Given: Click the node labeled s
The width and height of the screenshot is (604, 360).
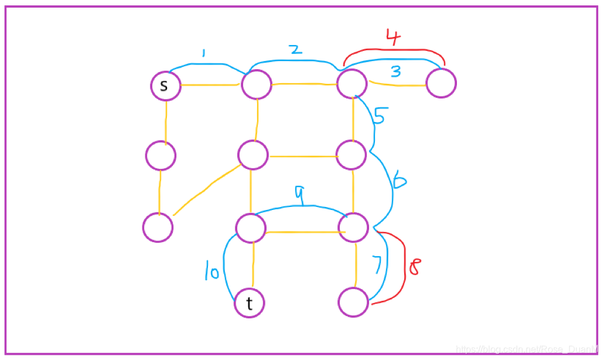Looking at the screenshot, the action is tap(165, 86).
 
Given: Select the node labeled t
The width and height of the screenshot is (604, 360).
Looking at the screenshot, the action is tap(250, 303).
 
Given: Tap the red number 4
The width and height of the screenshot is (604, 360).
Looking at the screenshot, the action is tap(394, 38).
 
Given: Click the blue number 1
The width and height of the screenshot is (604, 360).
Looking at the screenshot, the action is tap(203, 53).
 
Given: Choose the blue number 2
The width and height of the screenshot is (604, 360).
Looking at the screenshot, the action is tap(296, 49).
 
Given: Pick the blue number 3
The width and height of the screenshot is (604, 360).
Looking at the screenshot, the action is tap(396, 72).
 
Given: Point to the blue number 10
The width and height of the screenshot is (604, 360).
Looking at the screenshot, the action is tap(211, 273).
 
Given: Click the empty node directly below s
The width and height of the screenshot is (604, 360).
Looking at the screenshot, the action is tap(161, 156).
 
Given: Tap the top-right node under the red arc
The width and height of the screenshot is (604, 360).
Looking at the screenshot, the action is tap(441, 83).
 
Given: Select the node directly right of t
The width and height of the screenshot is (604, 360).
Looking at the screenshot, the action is tap(353, 303).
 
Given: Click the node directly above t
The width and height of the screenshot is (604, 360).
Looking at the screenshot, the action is tap(251, 228).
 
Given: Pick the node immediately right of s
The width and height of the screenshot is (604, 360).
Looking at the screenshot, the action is tap(257, 85).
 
